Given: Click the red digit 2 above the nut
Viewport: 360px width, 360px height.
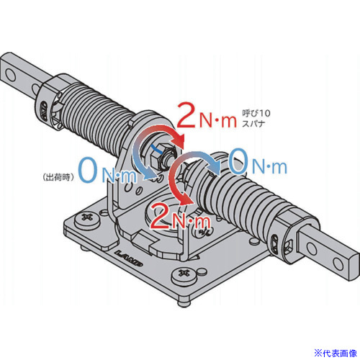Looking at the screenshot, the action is point(186,115).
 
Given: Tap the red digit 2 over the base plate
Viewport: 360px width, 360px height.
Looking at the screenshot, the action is point(160,216).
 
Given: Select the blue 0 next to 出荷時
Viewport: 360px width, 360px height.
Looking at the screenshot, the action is point(88,170).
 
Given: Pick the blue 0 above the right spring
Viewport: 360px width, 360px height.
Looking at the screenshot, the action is point(238,161).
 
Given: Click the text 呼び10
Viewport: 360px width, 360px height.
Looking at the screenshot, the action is point(256,113).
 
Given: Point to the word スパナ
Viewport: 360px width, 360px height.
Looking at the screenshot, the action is point(253,123).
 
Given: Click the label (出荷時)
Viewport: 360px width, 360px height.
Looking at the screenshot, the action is point(58,177).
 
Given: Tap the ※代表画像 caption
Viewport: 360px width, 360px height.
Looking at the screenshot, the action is point(336,353).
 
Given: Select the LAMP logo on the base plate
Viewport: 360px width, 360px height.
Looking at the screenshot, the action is point(129,258).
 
